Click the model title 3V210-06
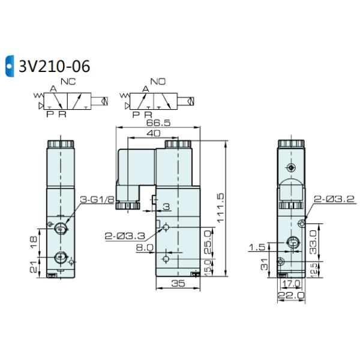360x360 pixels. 55,66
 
